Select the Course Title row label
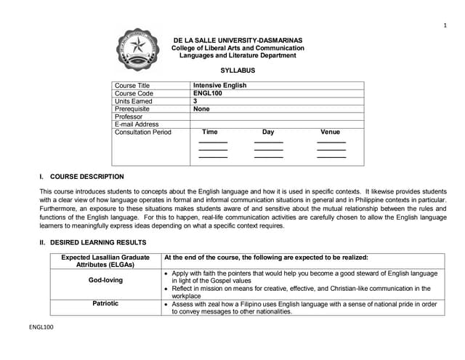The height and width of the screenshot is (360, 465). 132,85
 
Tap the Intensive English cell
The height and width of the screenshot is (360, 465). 219,85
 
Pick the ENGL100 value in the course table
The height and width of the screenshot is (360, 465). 208,93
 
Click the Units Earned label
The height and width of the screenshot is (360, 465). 134,101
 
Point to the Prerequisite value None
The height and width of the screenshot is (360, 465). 201,109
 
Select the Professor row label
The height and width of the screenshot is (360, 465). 129,116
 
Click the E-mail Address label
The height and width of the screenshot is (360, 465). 137,124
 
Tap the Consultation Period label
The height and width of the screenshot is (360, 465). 143,132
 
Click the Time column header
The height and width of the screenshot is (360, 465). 209,132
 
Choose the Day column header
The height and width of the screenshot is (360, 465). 268,132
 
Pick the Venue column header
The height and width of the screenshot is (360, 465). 330,132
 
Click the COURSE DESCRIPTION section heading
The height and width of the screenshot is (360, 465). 86,177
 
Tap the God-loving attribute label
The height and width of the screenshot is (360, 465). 105,280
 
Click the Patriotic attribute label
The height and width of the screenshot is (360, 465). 105,303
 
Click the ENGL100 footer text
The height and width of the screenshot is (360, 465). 41,327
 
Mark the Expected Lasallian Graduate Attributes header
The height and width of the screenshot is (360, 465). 105,261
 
